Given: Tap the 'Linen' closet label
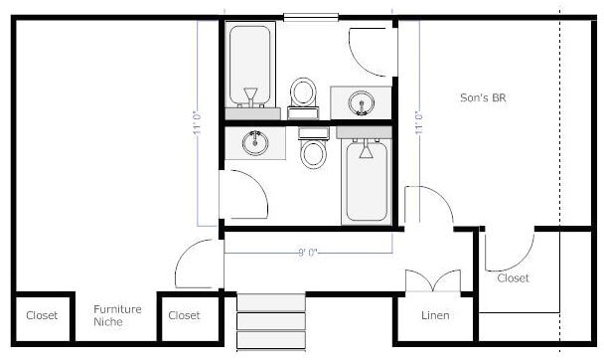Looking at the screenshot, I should pyautogui.click(x=434, y=315).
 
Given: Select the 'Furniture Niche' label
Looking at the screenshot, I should pyautogui.click(x=117, y=315).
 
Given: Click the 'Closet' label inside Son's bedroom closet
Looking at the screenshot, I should pyautogui.click(x=513, y=278).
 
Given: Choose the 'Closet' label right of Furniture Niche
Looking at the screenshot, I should pyautogui.click(x=184, y=315).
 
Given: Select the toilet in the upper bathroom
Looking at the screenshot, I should pyautogui.click(x=303, y=93).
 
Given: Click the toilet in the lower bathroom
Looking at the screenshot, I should pyautogui.click(x=314, y=149).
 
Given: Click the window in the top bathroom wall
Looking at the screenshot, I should pyautogui.click(x=310, y=16).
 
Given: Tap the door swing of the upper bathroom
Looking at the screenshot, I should pyautogui.click(x=373, y=50).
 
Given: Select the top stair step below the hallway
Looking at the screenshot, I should pyautogui.click(x=270, y=302).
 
